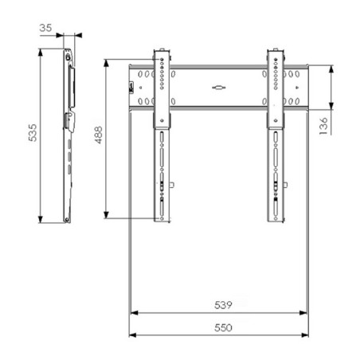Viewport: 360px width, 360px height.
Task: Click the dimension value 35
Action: (x=45, y=28)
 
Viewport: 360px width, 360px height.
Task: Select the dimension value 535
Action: (x=33, y=132)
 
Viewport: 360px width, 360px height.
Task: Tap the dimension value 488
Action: (x=99, y=135)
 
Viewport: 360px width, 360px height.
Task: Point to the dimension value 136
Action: (x=323, y=126)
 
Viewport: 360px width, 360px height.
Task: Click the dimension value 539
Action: (x=223, y=305)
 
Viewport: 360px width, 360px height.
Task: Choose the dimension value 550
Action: (x=223, y=328)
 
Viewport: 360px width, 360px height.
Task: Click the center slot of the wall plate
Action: (x=219, y=88)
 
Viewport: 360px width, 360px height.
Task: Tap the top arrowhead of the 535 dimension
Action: (x=41, y=52)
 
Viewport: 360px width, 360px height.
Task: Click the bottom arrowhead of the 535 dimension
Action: (x=41, y=219)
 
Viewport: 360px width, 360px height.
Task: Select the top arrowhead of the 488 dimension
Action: (x=106, y=63)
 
